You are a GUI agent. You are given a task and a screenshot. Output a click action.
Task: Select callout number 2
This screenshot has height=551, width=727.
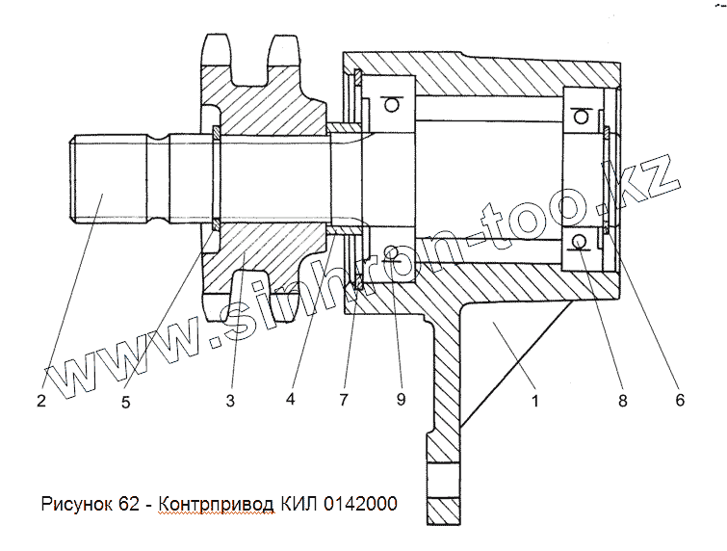coord(41,401)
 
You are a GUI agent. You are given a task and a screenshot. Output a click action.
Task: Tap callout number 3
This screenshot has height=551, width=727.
coord(230,401)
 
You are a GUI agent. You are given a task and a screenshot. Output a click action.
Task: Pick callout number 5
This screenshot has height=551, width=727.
coord(126,401)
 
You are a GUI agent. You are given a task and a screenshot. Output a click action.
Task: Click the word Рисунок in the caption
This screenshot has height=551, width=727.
coord(76,504)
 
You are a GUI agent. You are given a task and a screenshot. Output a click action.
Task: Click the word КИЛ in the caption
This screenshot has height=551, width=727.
coord(299,504)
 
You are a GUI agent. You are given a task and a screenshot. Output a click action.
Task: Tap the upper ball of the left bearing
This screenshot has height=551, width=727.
coord(391,103)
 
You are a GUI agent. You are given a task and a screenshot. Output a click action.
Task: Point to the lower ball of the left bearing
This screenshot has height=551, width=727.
coord(391,253)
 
